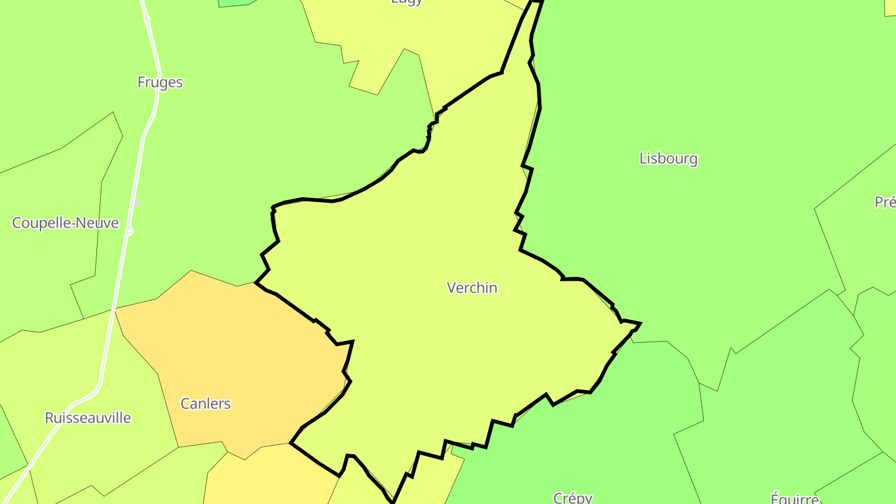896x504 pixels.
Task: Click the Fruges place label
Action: click(160, 82)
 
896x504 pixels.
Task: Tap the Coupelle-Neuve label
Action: click(65, 223)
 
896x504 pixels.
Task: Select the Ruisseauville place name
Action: click(88, 418)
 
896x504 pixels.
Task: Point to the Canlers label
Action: click(205, 403)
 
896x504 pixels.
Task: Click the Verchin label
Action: click(472, 287)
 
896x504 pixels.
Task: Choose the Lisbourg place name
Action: click(668, 159)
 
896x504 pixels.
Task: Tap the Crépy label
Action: click(572, 498)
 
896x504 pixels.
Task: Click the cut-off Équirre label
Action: click(794, 498)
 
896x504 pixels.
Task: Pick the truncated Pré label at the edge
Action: click(885, 202)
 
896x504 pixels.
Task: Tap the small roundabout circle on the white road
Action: click(129, 231)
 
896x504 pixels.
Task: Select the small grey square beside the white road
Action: click(137, 203)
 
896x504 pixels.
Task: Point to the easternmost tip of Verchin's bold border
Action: click(640, 324)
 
